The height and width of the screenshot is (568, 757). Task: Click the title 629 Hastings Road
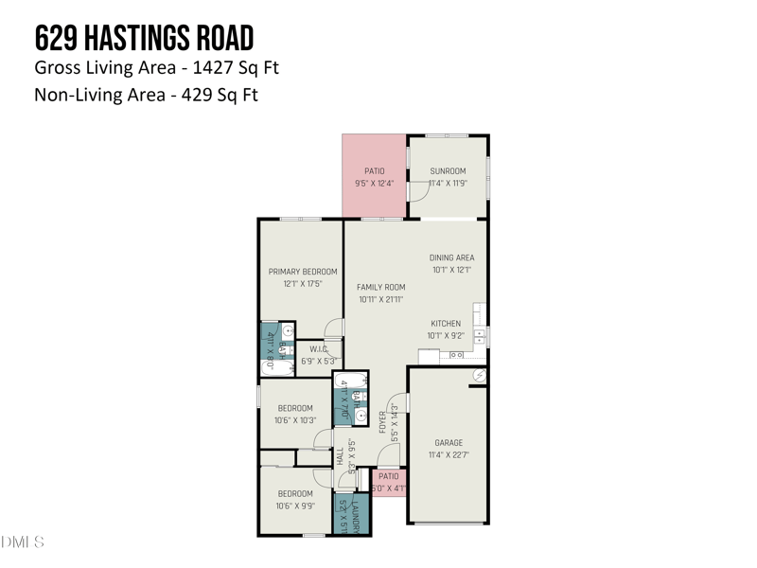point(144,39)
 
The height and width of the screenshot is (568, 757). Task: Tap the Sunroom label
point(448,172)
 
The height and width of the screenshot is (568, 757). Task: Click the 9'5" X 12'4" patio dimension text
point(375,184)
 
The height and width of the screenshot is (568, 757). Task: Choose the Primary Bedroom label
point(302,272)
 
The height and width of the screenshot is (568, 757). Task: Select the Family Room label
point(380,287)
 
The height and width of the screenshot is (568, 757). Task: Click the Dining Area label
point(451,257)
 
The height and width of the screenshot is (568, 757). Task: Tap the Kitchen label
point(446,324)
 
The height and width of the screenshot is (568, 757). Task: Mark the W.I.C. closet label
point(318,348)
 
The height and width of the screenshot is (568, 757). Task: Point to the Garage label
point(448,442)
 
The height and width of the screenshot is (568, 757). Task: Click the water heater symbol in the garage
point(479,377)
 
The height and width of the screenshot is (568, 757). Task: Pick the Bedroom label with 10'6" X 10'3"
point(294,408)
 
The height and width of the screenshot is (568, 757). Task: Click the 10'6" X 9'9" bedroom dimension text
point(294,506)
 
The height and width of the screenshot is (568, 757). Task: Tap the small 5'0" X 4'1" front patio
point(387,483)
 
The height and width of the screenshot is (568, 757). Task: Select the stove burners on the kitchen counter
point(456,355)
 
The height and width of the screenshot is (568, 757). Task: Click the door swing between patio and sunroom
point(417,192)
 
